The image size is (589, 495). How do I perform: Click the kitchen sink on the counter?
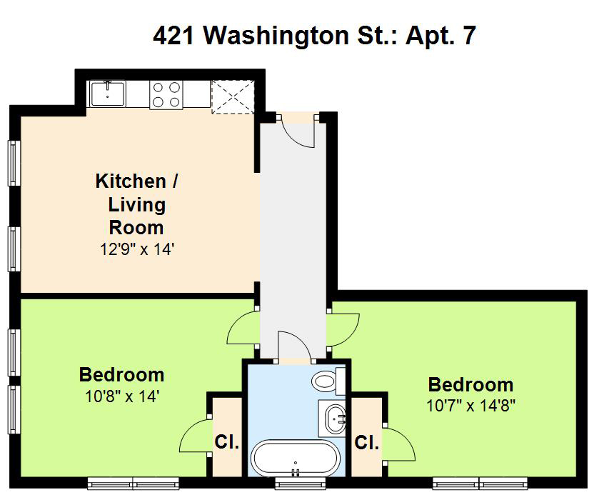point(107,94)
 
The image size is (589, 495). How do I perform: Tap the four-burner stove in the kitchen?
point(166,95)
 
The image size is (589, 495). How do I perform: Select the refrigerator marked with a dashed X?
point(233,97)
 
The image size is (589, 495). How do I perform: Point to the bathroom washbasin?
point(332,419)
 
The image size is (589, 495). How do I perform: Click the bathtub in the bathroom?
point(296,458)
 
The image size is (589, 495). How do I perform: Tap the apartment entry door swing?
point(298,130)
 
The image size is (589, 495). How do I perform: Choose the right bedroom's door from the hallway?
point(343,330)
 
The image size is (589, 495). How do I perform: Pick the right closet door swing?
point(399,444)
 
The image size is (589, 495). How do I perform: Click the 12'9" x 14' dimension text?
point(137,249)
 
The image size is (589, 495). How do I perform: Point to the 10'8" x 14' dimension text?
point(123,396)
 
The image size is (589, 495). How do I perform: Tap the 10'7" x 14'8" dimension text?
point(470,406)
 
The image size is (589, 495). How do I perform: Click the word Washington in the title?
point(276,35)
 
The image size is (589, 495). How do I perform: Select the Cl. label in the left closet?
point(227,441)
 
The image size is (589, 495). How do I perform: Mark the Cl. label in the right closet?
point(367,442)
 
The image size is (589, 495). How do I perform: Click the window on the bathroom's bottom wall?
point(300,483)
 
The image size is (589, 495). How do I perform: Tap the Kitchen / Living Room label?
point(137,204)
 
